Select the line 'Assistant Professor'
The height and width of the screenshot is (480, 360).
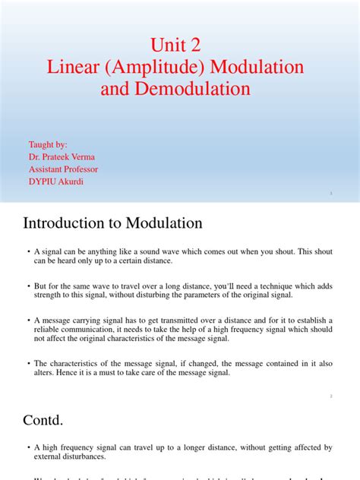63,169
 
